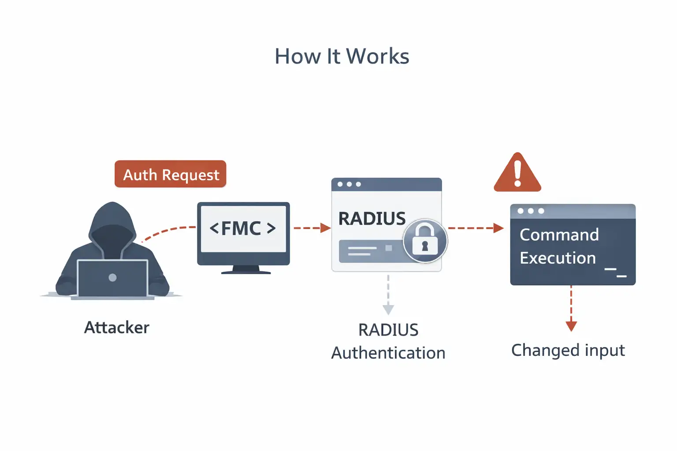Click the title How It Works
tap(342, 56)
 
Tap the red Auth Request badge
tap(171, 174)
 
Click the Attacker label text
tap(117, 328)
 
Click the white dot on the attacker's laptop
tap(112, 277)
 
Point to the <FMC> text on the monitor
tap(243, 228)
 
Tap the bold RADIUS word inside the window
tap(372, 218)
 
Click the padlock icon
tap(425, 240)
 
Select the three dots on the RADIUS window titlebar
tap(349, 184)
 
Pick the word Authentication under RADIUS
tap(388, 353)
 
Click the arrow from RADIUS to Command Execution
tap(475, 228)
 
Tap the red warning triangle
tap(517, 174)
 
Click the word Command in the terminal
tap(559, 235)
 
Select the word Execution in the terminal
tap(558, 258)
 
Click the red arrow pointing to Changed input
tap(571, 308)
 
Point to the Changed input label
tap(568, 351)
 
